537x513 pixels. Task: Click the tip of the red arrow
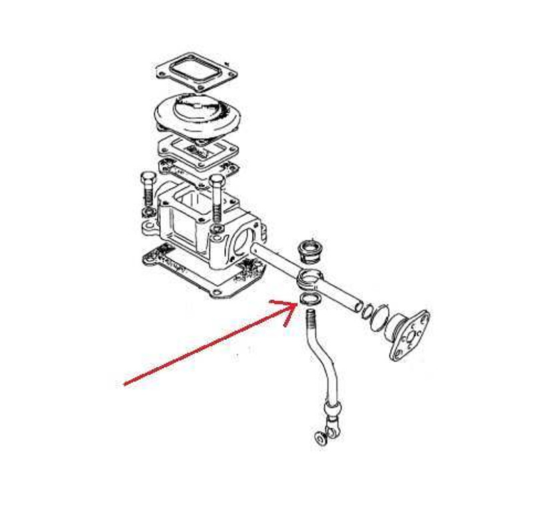(x=296, y=304)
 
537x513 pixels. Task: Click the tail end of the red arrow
(x=125, y=385)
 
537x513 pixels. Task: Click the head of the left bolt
(x=148, y=177)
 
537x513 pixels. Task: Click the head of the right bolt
(x=215, y=180)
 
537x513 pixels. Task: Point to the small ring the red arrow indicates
(x=309, y=298)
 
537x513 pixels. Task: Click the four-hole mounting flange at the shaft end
(x=408, y=334)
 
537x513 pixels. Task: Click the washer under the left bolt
(x=147, y=212)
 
